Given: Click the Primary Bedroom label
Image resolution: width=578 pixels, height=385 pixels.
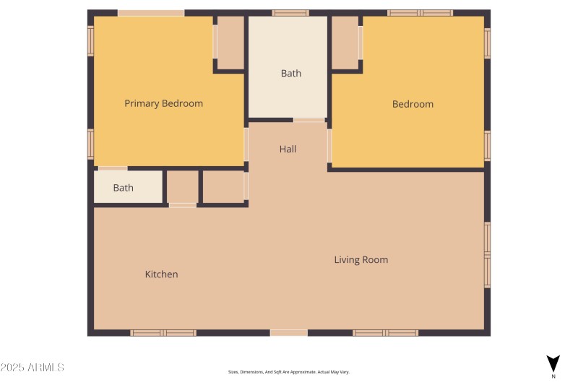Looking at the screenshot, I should click(x=163, y=103).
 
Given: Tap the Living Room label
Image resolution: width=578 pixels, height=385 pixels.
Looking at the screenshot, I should click(x=361, y=259).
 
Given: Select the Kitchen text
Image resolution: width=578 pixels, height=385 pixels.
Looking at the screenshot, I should click(x=161, y=274).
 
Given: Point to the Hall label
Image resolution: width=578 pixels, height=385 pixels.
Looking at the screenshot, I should click(x=288, y=149).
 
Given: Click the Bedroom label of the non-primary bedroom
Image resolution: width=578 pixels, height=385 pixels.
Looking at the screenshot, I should click(x=413, y=104).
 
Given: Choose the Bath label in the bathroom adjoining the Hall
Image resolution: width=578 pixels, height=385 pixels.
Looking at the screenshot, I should click(x=290, y=73).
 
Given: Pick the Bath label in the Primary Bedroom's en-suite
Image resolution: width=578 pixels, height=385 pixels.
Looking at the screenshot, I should click(x=123, y=188).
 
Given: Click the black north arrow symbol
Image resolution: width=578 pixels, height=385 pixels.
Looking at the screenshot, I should click(x=553, y=363).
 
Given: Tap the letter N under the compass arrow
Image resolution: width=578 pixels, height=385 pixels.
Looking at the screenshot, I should click(x=553, y=376).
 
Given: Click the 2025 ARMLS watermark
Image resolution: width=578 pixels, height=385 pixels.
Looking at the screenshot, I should click(x=33, y=368).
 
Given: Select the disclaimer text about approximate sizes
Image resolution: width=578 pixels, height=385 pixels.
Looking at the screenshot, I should click(x=288, y=372).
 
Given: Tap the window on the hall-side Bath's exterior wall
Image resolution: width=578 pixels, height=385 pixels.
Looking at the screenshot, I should click(x=290, y=13).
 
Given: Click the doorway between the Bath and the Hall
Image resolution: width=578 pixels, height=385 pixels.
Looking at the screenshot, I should click(x=309, y=120).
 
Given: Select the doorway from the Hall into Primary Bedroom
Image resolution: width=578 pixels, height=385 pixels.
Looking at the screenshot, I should click(x=246, y=144).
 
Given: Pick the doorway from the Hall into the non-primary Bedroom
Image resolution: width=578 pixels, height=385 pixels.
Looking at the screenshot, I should click(x=329, y=146).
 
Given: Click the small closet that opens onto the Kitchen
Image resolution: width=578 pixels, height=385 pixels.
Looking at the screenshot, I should click(x=182, y=187).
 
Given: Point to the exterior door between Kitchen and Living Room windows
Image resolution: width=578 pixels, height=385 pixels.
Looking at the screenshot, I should click(x=288, y=333).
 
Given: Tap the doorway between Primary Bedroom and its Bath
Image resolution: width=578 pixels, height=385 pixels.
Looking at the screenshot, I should click(x=113, y=168).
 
